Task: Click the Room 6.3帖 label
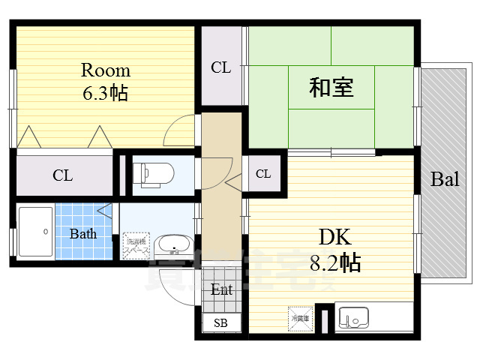(105, 82)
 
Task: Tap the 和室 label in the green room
(331, 88)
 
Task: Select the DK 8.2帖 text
(337, 250)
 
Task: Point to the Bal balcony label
(445, 179)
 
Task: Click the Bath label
(83, 234)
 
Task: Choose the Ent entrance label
(221, 289)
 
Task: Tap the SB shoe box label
(220, 323)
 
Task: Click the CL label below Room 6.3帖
(62, 175)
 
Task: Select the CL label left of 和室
(220, 67)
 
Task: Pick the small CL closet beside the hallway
(263, 174)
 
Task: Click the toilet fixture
(154, 174)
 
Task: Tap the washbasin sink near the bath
(174, 245)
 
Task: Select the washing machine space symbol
(136, 246)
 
